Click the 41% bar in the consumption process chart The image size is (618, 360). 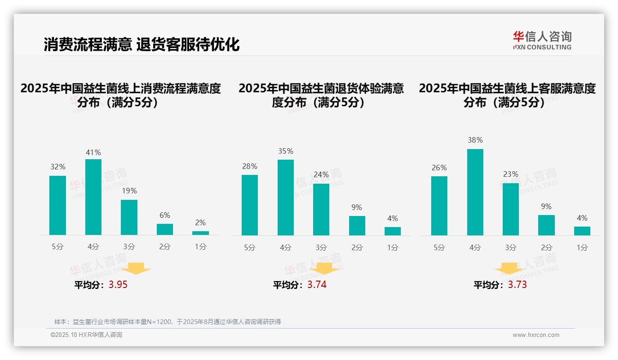(93, 197)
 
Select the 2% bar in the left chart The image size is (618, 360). (201, 233)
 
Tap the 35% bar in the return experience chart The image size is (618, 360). (285, 198)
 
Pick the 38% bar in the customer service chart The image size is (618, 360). (475, 192)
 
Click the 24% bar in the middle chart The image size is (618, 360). (321, 210)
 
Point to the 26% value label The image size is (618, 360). (439, 168)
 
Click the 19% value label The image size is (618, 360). (129, 191)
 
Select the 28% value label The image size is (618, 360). (250, 166)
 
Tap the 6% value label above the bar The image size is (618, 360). (165, 215)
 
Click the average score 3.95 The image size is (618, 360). (118, 285)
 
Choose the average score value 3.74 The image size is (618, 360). (317, 285)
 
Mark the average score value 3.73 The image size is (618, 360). (517, 285)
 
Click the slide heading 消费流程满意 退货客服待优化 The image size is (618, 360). (142, 45)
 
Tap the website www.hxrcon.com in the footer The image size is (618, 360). (536, 335)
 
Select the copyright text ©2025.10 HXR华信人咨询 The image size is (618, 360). (86, 335)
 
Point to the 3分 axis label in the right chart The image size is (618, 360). (511, 247)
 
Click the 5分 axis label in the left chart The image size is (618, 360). (58, 247)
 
